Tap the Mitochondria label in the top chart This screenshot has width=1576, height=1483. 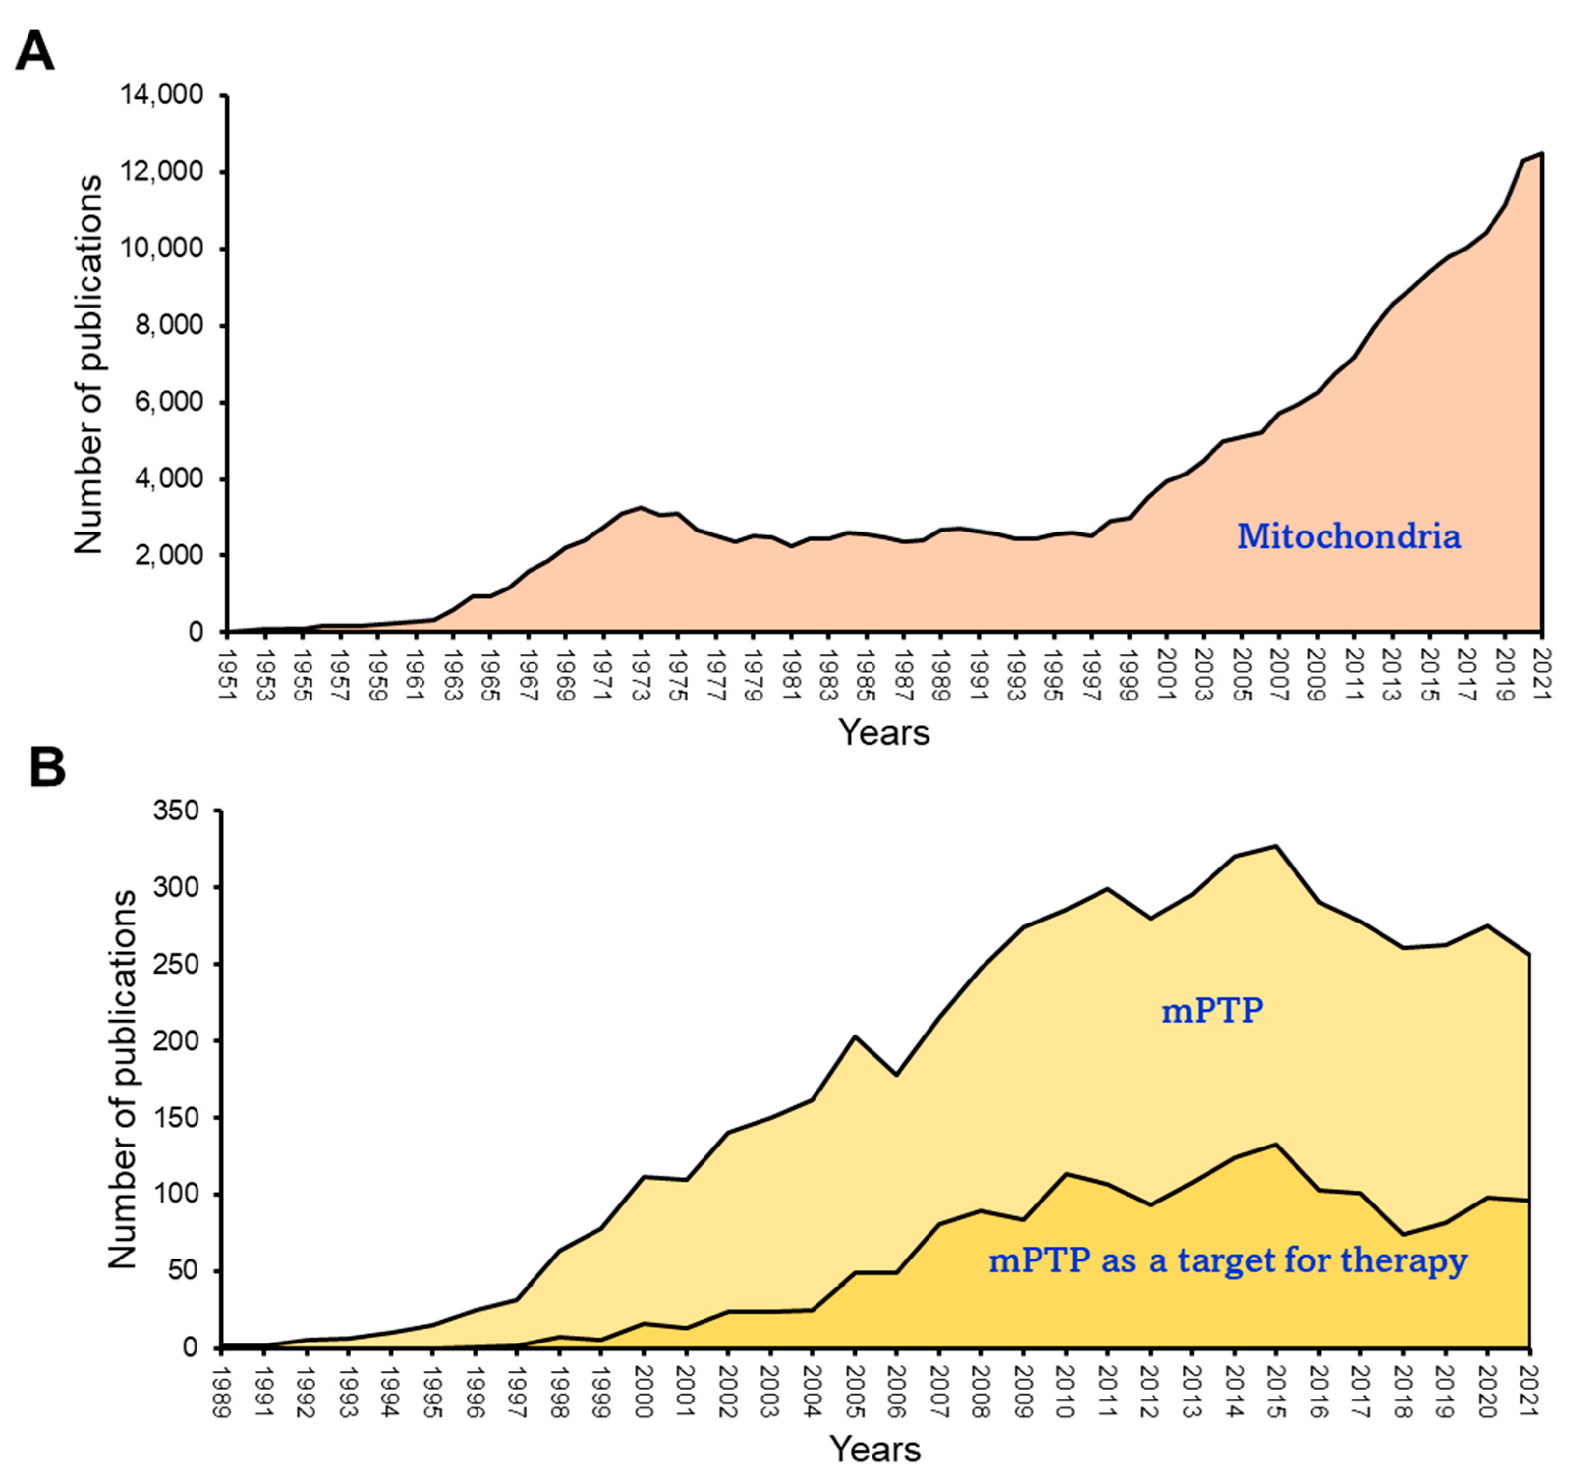(x=1349, y=536)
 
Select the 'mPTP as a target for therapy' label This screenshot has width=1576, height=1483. (x=1227, y=1260)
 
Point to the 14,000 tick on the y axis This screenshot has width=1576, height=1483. (x=162, y=95)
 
